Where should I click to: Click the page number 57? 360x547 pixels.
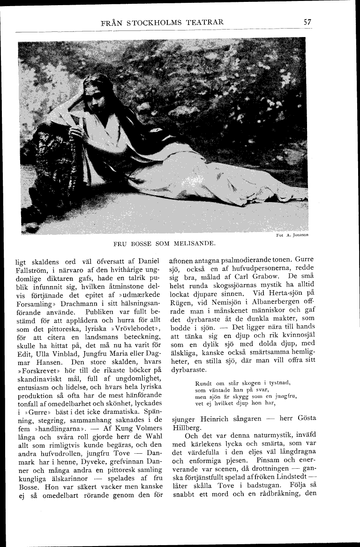pos(307,22)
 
